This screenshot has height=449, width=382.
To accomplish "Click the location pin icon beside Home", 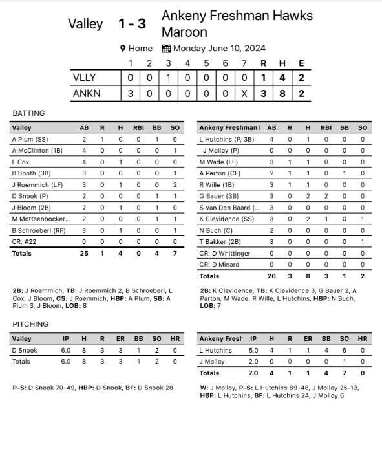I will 123,49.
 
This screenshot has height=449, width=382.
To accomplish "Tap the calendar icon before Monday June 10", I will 166,49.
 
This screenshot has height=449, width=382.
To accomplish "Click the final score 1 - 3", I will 132,24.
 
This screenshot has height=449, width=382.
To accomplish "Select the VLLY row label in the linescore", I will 84,78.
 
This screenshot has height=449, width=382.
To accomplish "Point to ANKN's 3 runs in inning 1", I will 130,94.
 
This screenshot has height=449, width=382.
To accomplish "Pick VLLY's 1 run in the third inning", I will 168,78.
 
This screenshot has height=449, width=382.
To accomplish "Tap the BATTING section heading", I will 28,113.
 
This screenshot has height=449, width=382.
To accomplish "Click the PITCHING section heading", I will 30,324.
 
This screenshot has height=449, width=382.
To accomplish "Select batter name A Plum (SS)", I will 30,139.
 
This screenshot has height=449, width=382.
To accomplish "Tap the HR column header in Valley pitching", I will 175,338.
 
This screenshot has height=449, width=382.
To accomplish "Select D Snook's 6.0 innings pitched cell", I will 66,350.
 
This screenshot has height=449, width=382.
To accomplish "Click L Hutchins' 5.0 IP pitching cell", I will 253,350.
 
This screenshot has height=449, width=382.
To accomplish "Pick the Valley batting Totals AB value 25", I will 84,253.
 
